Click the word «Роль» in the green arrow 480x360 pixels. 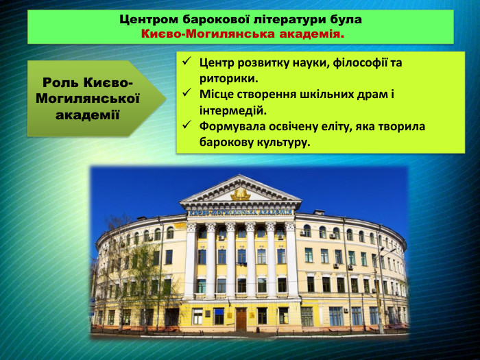click(x=60, y=83)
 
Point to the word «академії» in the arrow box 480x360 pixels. click(x=88, y=114)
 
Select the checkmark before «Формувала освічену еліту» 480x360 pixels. click(x=187, y=127)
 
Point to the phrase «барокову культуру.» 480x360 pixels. click(x=254, y=143)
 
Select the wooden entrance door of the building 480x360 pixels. click(x=241, y=319)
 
